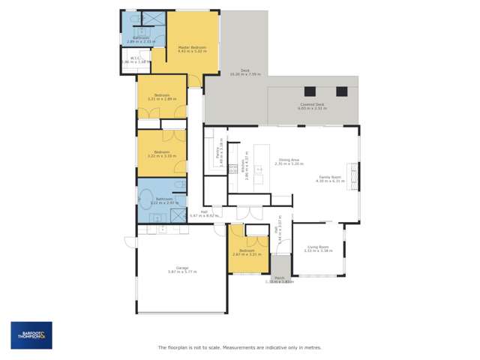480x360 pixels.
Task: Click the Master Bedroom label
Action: pos(192,46)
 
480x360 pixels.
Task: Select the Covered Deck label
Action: pos(310,104)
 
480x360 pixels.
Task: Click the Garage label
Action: pos(182,268)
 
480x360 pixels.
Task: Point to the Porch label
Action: pos(279,278)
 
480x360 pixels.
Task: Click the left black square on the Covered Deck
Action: pos(310,91)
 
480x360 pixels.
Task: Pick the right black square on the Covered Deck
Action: pos(342,91)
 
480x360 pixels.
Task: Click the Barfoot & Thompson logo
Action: pos(31,335)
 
